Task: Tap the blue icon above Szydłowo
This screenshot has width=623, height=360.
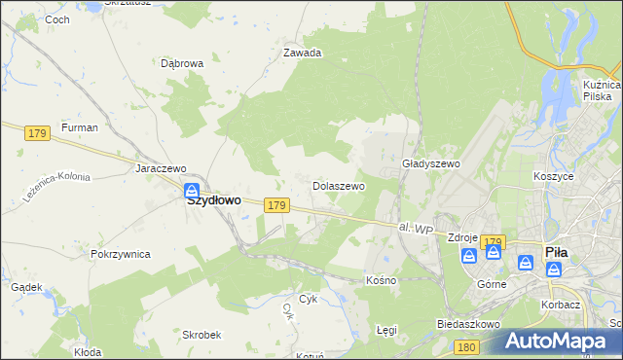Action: click(193, 189)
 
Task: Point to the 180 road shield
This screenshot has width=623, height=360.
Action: click(466, 346)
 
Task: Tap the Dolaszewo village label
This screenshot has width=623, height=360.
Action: click(338, 185)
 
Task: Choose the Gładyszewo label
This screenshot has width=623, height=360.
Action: click(430, 164)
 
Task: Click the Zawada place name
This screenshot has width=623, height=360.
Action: click(302, 54)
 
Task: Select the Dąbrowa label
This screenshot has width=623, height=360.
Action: click(181, 63)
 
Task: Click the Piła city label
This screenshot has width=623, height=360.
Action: click(556, 251)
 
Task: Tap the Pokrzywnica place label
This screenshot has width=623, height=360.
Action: click(120, 254)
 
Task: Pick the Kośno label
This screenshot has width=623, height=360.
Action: click(381, 280)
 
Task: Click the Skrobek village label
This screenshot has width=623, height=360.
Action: click(202, 334)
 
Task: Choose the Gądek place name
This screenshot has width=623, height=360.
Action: click(25, 287)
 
